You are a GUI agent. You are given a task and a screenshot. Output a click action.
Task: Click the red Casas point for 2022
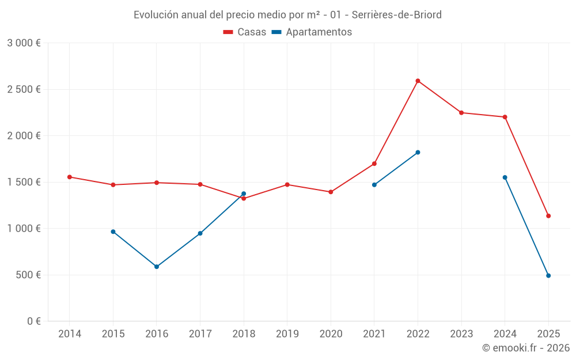pos(418,81)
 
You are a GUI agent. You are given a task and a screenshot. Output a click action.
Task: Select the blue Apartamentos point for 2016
pos(157,267)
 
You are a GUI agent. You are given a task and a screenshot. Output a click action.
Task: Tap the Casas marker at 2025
pos(548,216)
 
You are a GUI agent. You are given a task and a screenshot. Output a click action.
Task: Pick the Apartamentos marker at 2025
pos(548,276)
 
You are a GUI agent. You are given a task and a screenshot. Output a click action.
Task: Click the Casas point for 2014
pos(70,177)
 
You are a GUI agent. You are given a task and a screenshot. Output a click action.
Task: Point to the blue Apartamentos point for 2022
pos(418,152)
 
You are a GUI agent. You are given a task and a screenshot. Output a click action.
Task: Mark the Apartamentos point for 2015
pos(113,232)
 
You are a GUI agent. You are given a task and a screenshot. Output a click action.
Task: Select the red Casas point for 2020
pos(331,192)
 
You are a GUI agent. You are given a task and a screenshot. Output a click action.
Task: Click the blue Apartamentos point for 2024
pos(505,177)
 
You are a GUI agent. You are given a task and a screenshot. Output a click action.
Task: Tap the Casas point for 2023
pos(461,112)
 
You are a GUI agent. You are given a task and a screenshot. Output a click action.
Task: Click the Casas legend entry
pos(245,32)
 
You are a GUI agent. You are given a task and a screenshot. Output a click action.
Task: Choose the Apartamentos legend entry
pos(312,32)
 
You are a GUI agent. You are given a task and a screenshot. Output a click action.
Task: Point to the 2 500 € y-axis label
pos(24,89)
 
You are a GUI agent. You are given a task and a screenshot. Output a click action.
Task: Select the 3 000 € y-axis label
pos(24,43)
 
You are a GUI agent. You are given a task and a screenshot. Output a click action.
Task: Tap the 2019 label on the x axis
pos(287,334)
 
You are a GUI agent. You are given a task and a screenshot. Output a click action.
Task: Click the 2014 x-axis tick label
pos(70,334)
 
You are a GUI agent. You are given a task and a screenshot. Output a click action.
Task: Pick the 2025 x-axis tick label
pos(548,334)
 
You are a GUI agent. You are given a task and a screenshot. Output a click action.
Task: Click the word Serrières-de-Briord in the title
pos(397,15)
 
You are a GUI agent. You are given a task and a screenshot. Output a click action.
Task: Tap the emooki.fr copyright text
pos(525,348)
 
